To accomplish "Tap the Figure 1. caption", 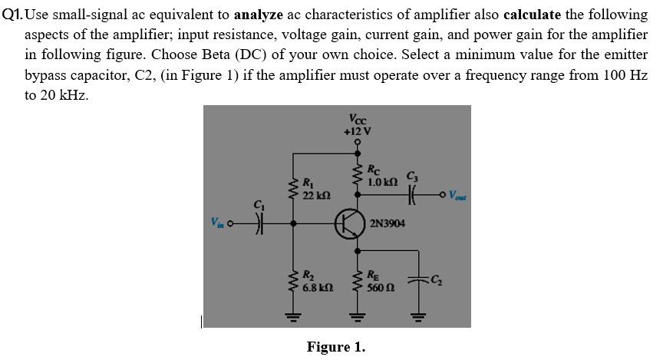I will tap(336, 347).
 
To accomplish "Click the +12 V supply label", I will tap(357, 130).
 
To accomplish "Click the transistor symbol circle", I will tap(350, 223).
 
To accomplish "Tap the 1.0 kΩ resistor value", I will tap(381, 181).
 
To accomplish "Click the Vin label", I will tap(218, 223).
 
